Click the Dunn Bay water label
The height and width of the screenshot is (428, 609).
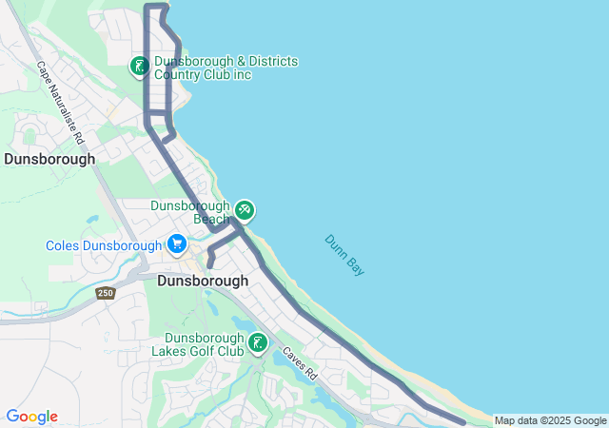click(344, 255)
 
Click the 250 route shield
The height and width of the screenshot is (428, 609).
click(105, 294)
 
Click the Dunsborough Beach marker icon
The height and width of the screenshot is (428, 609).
click(245, 209)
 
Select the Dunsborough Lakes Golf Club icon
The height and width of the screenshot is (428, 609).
click(258, 343)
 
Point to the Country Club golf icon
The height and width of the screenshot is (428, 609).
click(140, 67)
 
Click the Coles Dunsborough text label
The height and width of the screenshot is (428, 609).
click(104, 245)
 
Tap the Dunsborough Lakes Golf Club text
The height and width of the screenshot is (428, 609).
click(205, 344)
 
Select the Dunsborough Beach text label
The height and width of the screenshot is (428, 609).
click(191, 212)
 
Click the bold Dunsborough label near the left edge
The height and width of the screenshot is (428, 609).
click(49, 159)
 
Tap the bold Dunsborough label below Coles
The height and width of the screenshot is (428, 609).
click(202, 281)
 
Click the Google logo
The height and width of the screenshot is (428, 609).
click(31, 417)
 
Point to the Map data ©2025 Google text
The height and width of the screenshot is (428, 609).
click(550, 420)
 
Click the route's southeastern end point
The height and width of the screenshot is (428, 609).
click(462, 421)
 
